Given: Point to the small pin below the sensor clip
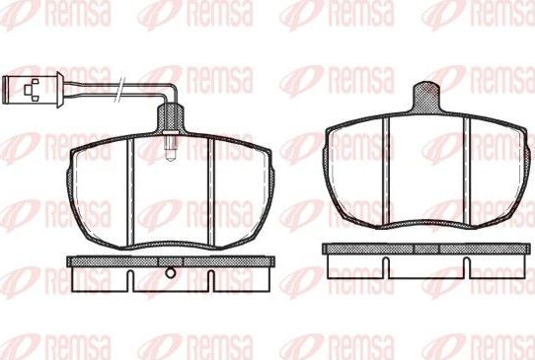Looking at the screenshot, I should point(172,149).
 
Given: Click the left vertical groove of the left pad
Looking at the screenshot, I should point(130,191).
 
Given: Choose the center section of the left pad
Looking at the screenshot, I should point(171,197).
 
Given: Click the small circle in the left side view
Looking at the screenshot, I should point(170,273).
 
